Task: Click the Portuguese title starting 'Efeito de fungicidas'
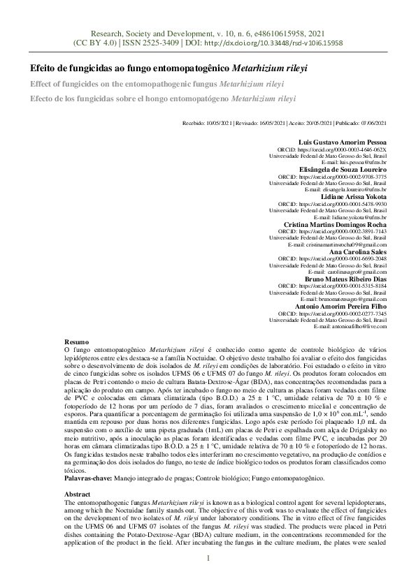pos(168,70)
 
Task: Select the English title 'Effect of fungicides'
pos(159,84)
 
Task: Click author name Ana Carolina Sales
pos(359,251)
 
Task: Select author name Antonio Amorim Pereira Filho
pos(340,306)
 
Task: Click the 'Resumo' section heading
pos(76,339)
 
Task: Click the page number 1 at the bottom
pos(208,559)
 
